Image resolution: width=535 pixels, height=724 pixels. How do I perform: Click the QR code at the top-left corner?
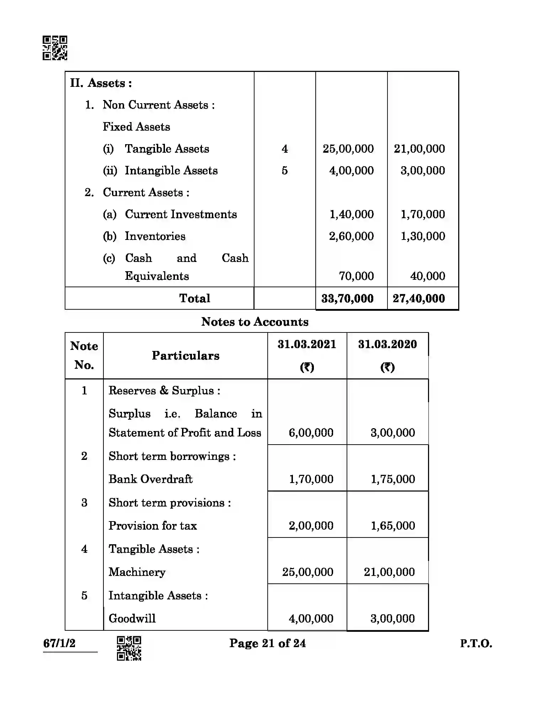point(55,48)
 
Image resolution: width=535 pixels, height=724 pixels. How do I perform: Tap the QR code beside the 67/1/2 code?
point(129,648)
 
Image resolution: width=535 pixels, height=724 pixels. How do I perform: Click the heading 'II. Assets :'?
point(101,83)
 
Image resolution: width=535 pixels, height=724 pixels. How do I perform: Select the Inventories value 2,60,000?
point(351,236)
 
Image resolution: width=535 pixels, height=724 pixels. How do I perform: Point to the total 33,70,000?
point(347,299)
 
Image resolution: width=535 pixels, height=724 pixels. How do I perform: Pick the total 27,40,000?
point(419,299)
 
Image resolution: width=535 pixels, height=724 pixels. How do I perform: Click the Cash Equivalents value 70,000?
point(356,276)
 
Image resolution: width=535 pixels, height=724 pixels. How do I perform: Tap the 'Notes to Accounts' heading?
point(255,322)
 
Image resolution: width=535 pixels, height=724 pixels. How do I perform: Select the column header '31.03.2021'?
point(307,344)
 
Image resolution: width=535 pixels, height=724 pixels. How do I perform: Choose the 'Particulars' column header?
point(186,356)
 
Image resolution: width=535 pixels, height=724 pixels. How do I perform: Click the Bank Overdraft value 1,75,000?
point(393,479)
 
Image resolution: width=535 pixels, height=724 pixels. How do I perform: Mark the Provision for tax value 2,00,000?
point(311,526)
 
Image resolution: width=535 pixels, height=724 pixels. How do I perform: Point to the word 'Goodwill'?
point(132,618)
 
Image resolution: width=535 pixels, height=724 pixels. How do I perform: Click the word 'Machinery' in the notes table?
point(137,572)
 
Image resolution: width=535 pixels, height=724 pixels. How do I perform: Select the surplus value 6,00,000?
point(311,433)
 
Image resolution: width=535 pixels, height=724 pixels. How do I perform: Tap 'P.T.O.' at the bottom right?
point(476,644)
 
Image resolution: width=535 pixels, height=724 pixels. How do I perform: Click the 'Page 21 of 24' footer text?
point(267,643)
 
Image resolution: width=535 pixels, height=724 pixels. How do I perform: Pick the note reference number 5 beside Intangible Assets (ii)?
point(285,170)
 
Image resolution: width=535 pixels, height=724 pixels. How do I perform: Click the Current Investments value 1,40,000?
point(352,214)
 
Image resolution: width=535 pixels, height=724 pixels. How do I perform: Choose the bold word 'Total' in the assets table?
point(194,298)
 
